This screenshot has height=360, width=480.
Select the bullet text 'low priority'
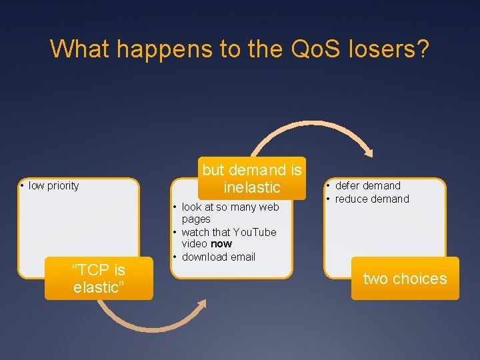tap(53, 186)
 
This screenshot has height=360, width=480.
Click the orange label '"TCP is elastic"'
tap(99, 279)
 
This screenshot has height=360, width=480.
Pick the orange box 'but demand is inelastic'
tap(251, 178)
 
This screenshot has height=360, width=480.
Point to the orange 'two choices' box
tap(405, 279)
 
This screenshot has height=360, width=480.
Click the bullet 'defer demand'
tap(367, 186)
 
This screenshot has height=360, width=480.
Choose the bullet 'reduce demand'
tap(372, 199)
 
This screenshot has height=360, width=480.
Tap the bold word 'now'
tap(221, 244)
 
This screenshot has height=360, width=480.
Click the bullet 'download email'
tap(218, 257)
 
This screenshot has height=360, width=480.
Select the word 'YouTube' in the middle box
tap(254, 232)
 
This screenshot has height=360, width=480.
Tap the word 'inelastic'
tap(252, 187)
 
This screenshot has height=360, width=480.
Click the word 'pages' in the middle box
tap(196, 219)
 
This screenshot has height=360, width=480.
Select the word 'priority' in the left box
tap(63, 186)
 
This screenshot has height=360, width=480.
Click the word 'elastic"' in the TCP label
tap(99, 289)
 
